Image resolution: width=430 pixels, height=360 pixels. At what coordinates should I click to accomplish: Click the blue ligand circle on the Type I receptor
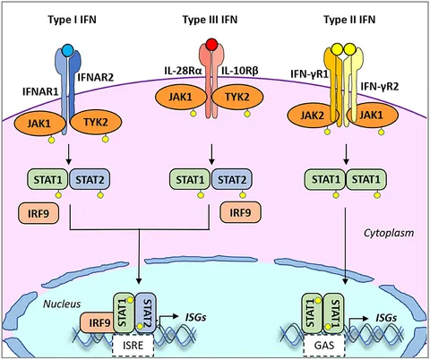point(68,50)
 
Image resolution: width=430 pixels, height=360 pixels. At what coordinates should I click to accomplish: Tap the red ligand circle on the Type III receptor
point(211,44)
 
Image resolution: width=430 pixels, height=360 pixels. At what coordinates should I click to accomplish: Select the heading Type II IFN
point(349,20)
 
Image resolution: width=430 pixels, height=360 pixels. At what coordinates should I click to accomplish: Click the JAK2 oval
point(313,116)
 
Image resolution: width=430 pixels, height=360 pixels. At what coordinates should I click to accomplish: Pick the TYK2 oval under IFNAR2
point(96,123)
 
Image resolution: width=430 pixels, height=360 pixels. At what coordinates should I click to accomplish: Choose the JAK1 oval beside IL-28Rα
point(181,98)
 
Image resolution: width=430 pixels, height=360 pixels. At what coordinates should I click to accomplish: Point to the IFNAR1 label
point(40,91)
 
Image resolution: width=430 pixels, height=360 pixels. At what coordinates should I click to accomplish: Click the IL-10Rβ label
point(240,71)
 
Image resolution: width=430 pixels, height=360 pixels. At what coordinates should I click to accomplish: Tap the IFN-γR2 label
point(380,87)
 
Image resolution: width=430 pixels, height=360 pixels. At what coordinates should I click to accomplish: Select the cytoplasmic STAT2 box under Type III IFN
point(232,180)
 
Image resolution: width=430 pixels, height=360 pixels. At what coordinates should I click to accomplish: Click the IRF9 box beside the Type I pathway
point(39,213)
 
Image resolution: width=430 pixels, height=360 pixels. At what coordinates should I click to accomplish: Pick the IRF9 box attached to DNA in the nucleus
point(98,322)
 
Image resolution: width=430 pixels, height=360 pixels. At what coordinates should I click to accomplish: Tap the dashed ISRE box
point(133,345)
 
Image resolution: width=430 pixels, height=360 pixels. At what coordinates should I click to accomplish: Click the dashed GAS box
point(324,345)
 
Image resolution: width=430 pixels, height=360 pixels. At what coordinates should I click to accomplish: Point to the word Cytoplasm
point(389,233)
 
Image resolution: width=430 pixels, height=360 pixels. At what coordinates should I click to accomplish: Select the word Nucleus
point(62,304)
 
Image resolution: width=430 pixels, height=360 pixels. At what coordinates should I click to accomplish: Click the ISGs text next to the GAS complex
point(386,318)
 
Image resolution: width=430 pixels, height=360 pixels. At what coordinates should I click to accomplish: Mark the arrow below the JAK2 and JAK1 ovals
point(346,154)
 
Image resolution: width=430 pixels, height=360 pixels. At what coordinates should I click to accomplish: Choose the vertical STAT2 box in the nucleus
point(146,313)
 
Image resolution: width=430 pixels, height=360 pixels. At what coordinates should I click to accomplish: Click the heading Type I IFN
point(72,20)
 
